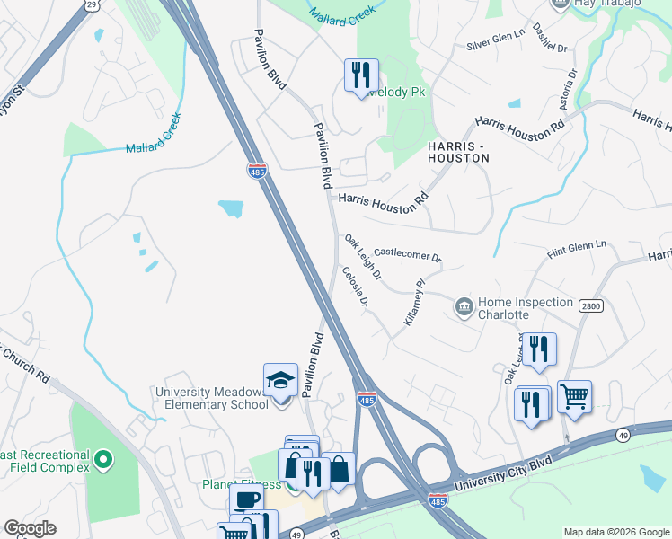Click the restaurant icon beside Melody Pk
361,75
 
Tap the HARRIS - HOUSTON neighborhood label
458,152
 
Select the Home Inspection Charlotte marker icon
464,307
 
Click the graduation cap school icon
280,381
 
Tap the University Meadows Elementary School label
212,398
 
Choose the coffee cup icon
246,499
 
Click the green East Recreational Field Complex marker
103,461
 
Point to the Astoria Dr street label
570,88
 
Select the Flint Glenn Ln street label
577,250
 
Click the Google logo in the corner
30,528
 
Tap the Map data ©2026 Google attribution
615,532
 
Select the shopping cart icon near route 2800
574,396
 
